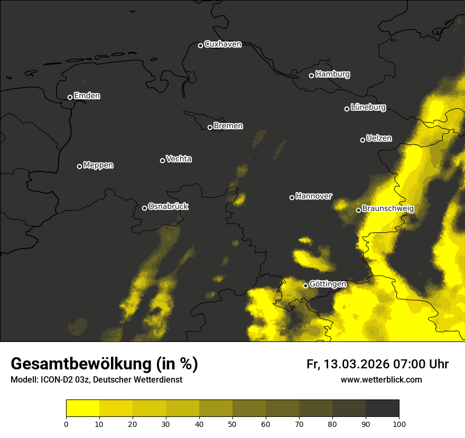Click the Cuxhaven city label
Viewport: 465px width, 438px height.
(222, 44)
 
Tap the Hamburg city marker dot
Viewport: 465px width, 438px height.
(311, 75)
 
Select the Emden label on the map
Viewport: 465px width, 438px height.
(87, 96)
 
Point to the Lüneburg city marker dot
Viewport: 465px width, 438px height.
(347, 109)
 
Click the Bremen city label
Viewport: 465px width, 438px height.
(228, 126)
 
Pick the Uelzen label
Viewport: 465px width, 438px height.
(379, 138)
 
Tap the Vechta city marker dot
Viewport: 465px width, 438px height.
(162, 160)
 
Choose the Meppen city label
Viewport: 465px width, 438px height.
(98, 166)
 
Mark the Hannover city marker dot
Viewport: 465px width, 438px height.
(292, 197)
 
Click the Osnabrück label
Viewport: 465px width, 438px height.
(168, 206)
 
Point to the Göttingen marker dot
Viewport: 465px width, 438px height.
(305, 285)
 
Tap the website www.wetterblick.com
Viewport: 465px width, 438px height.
(382, 379)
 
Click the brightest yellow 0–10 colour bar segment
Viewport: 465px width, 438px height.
(82, 408)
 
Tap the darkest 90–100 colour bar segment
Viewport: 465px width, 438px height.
(382, 408)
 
